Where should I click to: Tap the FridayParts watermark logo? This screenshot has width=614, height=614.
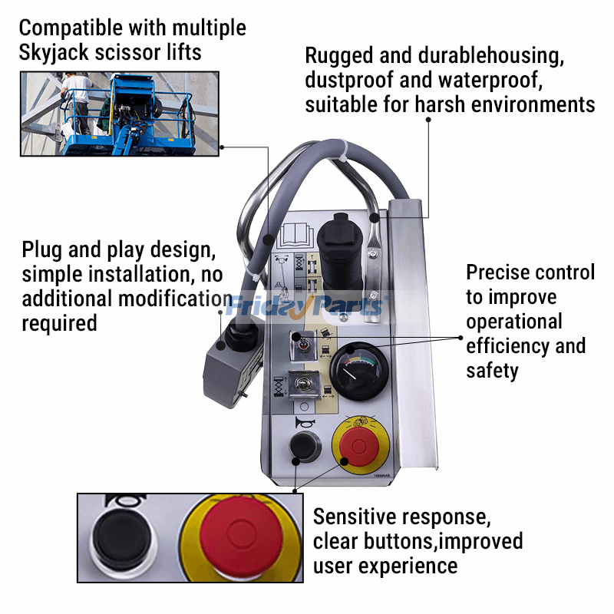305,307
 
